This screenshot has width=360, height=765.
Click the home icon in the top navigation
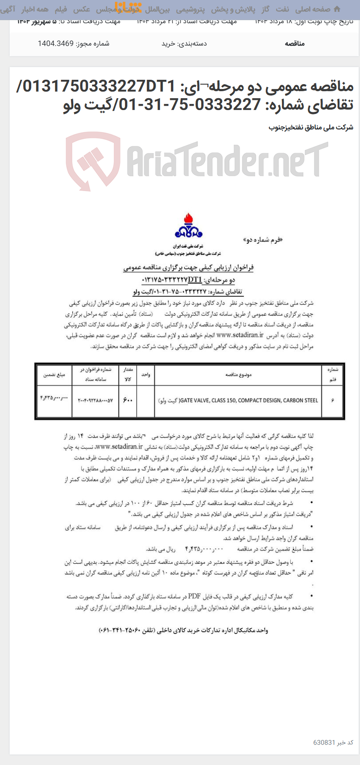click(337, 9)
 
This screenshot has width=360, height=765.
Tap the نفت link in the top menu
click(282, 9)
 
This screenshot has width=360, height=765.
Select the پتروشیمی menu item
click(190, 9)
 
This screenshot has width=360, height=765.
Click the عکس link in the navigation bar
click(82, 9)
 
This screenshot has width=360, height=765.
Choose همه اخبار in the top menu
click(35, 9)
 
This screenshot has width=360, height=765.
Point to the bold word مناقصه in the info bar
click(295, 43)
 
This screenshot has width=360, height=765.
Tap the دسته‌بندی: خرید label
click(184, 43)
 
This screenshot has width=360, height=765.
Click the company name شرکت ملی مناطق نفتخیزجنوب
click(311, 128)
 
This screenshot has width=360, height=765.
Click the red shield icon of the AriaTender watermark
click(93, 160)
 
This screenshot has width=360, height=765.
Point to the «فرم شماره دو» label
click(263, 240)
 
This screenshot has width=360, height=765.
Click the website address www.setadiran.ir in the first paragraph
click(240, 335)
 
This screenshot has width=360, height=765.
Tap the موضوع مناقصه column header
click(238, 375)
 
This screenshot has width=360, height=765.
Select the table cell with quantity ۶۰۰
click(128, 400)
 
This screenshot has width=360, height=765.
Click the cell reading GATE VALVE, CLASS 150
click(238, 400)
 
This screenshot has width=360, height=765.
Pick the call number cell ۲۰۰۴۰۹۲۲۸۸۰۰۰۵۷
click(95, 400)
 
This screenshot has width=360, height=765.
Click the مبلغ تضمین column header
click(54, 375)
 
